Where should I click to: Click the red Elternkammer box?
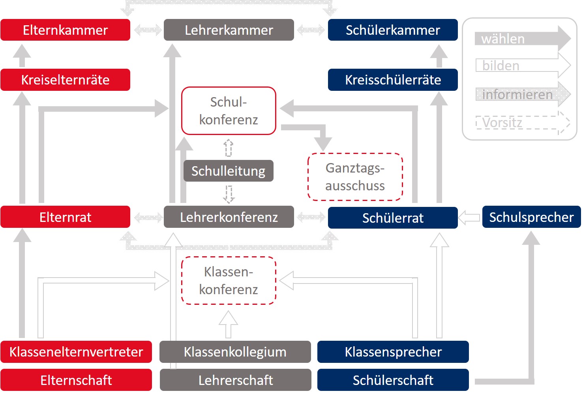coord(65,30)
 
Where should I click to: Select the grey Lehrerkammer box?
coord(229,30)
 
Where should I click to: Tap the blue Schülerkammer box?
coord(393,30)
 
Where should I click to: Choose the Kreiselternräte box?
coord(65,80)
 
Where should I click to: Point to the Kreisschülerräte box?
coord(393,80)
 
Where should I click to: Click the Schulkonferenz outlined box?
coord(229,111)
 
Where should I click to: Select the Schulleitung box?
coord(228,171)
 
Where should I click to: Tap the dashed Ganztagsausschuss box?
coord(355,177)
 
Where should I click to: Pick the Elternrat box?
coord(65,217)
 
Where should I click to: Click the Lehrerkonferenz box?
coord(229,217)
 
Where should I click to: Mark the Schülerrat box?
coord(393,218)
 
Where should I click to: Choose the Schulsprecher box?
coord(531,217)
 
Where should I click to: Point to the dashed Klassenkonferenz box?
coord(229,281)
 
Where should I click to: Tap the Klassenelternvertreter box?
coord(76,352)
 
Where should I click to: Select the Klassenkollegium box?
coord(235,352)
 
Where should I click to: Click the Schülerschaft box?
coord(393,380)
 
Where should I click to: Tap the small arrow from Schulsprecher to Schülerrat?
coord(470,217)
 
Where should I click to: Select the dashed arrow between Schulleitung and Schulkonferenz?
coord(229,148)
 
